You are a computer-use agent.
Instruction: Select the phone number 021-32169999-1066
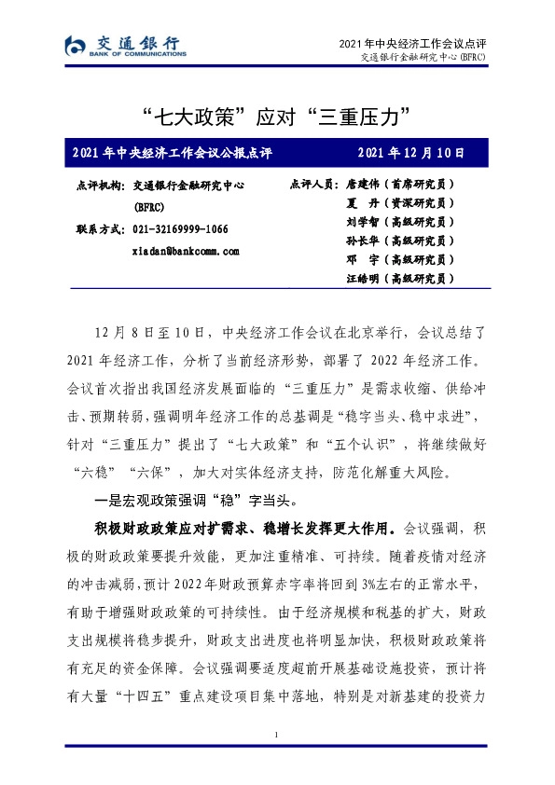tap(181, 229)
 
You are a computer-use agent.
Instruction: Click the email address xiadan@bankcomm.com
tap(187, 251)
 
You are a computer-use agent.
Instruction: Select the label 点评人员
tap(313, 185)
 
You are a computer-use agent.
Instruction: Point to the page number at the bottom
tap(277, 737)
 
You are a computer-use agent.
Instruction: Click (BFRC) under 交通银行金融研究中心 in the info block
tap(150, 207)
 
